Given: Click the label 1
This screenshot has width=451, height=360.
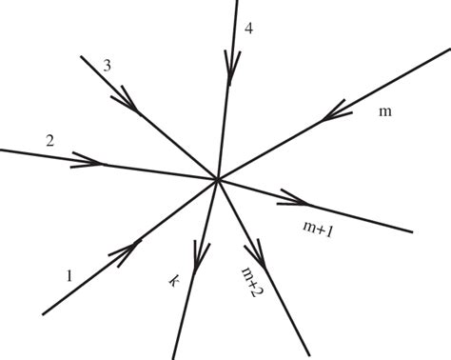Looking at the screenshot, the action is coord(69,276).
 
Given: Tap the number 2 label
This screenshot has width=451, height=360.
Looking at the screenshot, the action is coord(49,141).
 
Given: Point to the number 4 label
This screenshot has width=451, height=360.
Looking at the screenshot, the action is coord(248,28).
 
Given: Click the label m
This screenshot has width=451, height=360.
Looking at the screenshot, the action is coord(385,112).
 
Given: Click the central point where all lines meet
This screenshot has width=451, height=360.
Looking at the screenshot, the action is coord(218,178).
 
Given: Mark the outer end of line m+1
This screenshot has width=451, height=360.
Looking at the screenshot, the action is coord(412,231).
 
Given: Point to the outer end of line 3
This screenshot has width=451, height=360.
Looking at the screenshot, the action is coord(81,57).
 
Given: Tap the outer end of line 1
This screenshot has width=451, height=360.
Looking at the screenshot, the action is coord(43,313).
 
